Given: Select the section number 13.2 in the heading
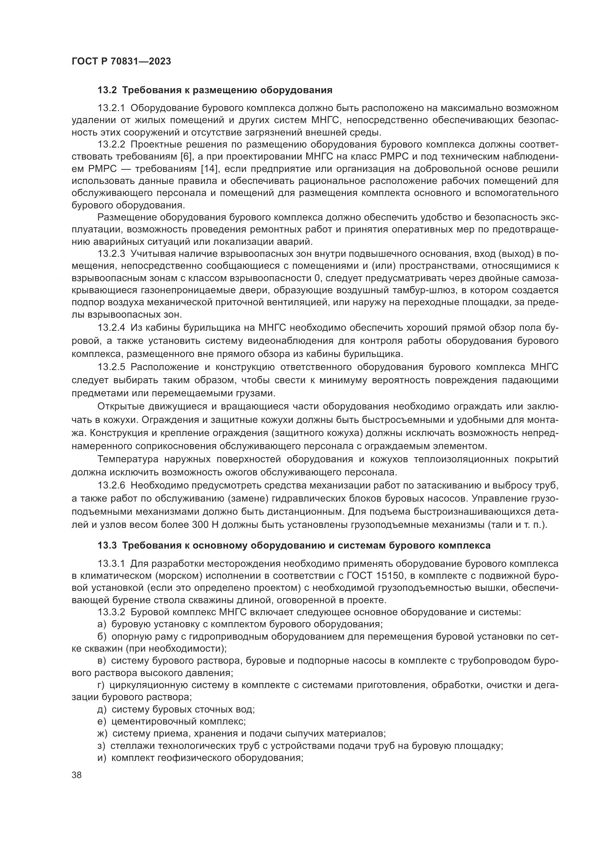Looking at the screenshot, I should pyautogui.click(x=107, y=90).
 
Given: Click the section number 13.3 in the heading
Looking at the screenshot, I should pyautogui.click(x=107, y=546).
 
